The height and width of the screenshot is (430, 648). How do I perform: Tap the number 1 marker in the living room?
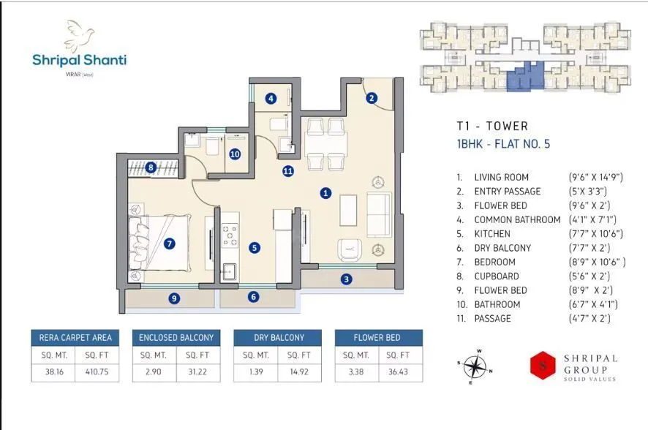(326, 193)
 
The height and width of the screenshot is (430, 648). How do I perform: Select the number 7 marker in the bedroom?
(170, 244)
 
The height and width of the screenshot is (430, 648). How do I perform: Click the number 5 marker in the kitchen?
(254, 248)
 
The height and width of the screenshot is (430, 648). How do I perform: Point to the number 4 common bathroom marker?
(271, 98)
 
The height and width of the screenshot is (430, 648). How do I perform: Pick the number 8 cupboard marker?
(151, 167)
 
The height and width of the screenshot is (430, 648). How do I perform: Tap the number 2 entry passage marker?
(372, 98)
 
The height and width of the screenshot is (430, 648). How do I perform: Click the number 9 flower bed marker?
(174, 298)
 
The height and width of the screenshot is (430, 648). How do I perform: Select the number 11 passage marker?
(288, 172)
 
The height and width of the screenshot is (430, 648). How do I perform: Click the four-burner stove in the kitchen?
(230, 235)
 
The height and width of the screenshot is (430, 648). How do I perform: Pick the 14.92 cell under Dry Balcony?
(299, 371)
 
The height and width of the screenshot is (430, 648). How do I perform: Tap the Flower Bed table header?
(378, 337)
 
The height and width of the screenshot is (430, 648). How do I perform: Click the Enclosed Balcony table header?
(176, 337)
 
